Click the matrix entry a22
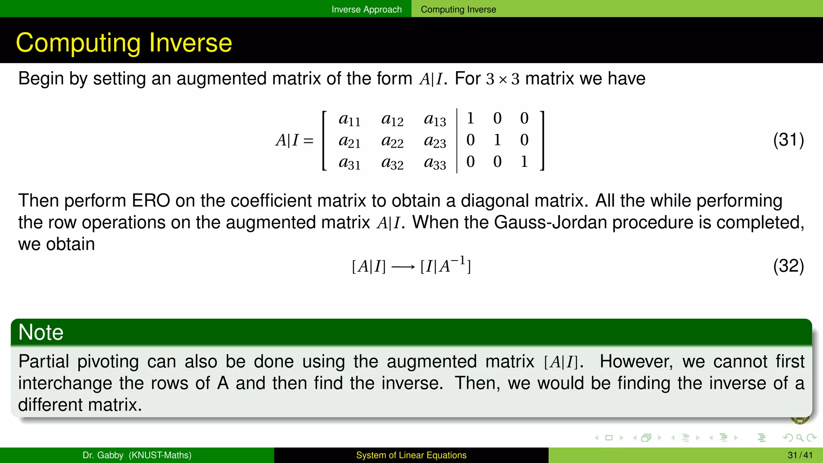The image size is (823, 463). (392, 141)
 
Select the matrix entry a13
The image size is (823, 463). (435, 119)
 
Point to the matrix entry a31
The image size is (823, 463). (349, 163)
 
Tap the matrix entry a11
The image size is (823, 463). (349, 119)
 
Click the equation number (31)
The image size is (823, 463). (788, 140)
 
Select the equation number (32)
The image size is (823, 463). (788, 266)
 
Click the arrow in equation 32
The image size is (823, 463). (403, 267)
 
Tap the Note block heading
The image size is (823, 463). (41, 332)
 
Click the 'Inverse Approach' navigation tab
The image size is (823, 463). (366, 9)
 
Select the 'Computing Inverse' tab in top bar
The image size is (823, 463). (458, 9)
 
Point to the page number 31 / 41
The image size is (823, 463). (800, 455)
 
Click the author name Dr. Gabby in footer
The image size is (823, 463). (103, 455)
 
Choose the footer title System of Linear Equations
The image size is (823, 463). (411, 455)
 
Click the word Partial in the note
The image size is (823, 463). (44, 361)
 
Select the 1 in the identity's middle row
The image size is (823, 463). (497, 140)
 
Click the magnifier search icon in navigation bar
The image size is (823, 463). (799, 438)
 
